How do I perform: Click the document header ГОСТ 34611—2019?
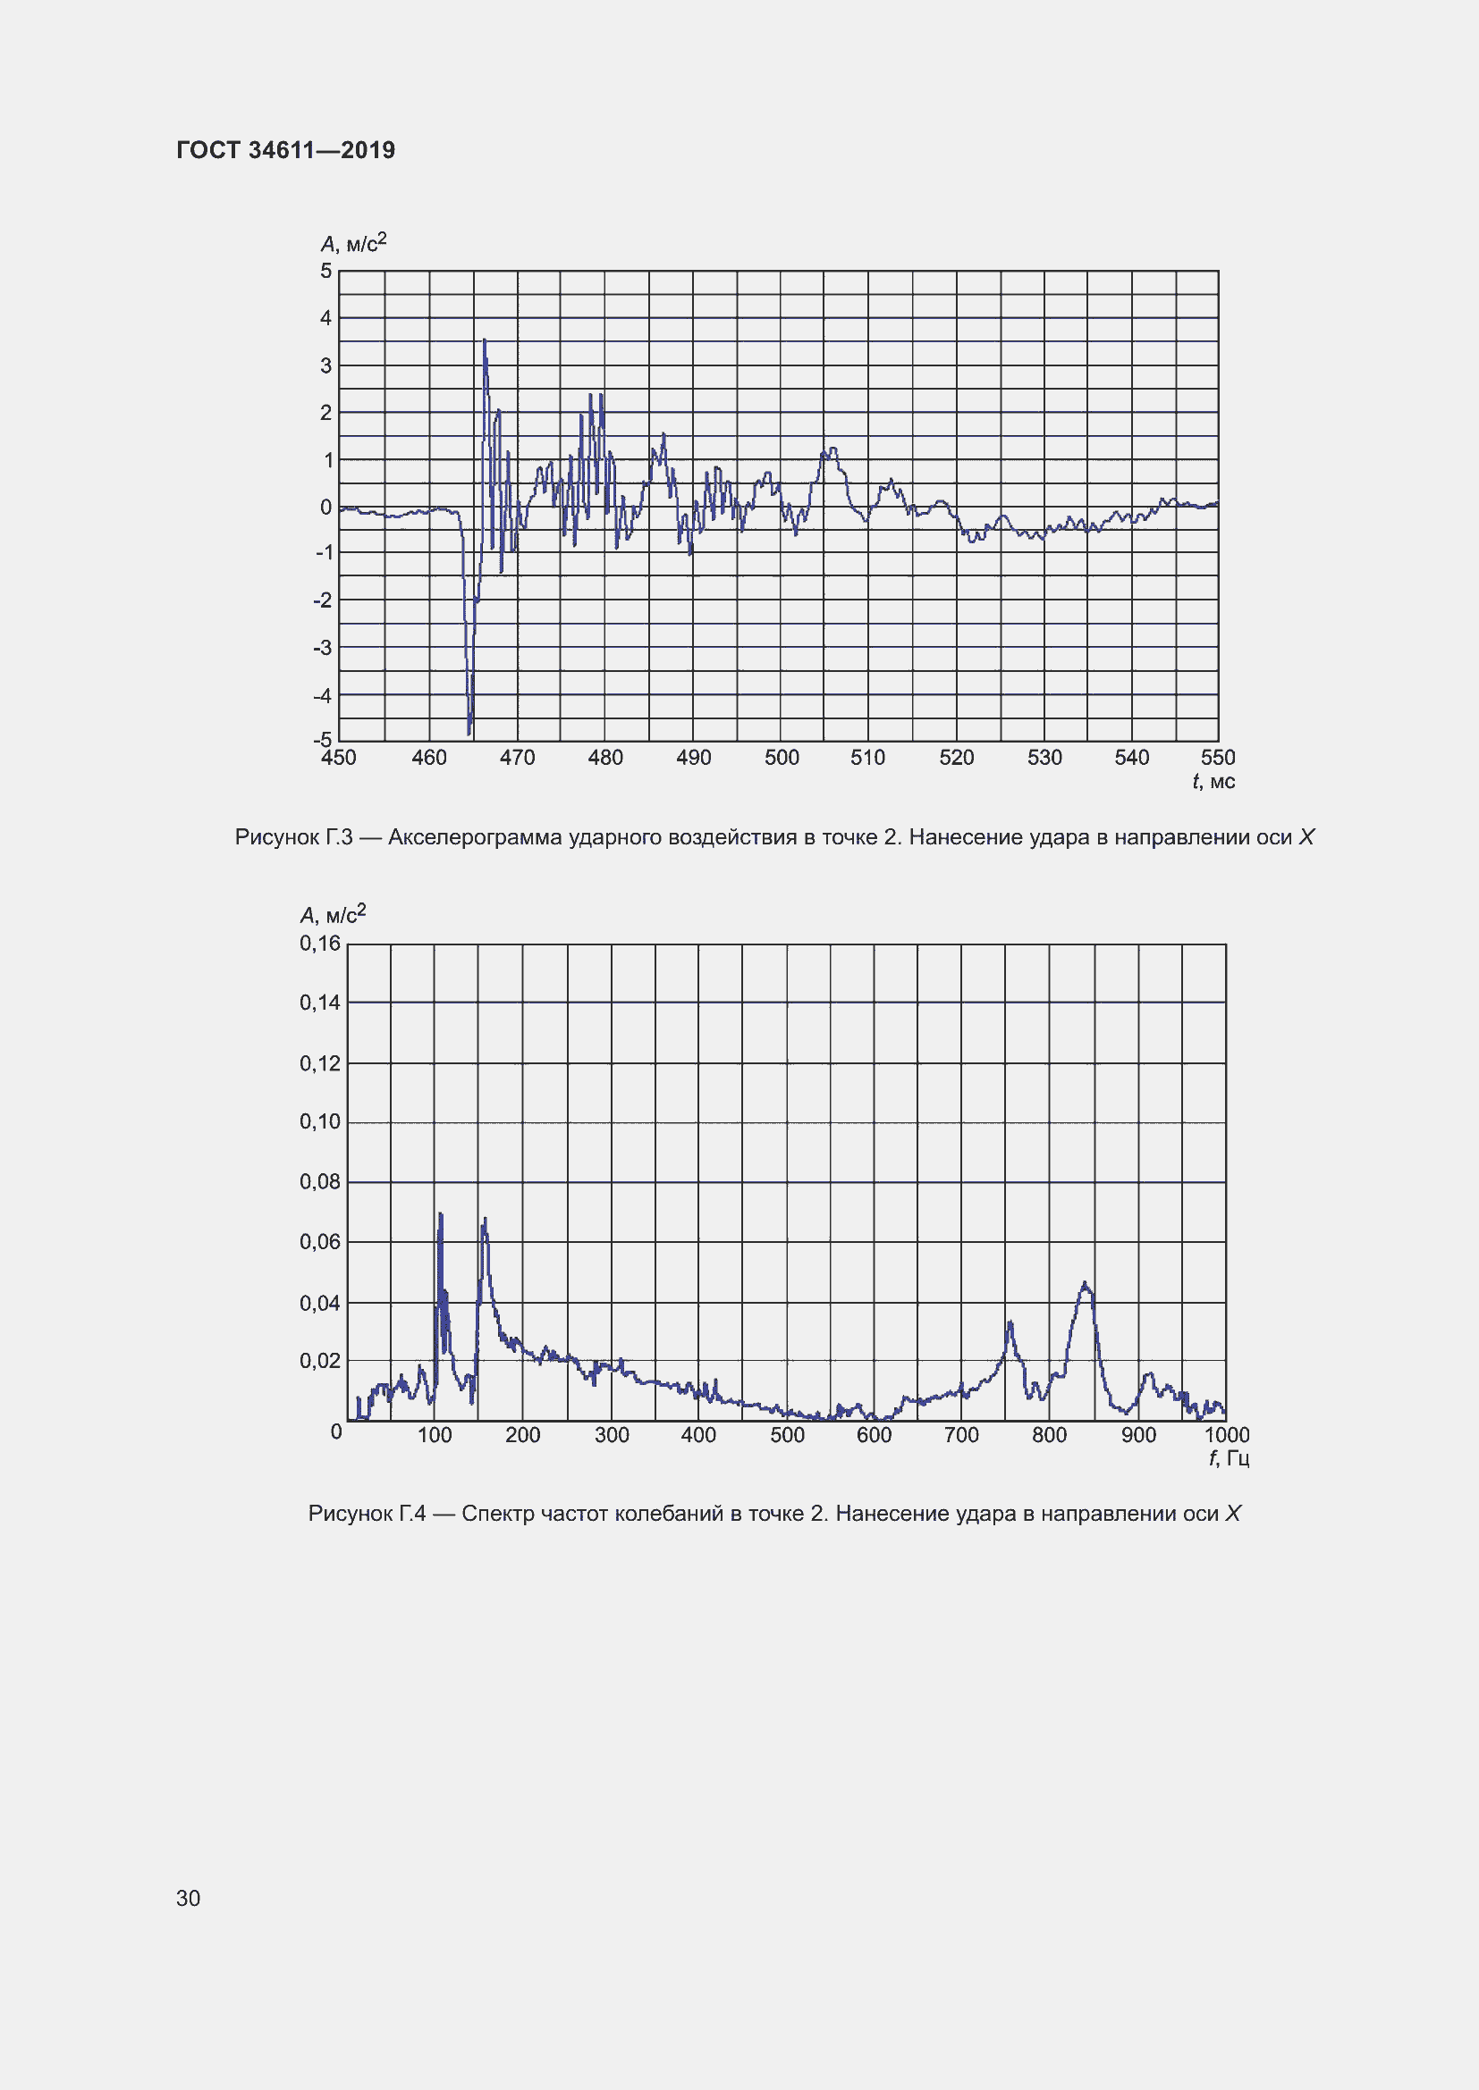[x=285, y=150]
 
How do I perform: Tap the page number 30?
[x=188, y=1898]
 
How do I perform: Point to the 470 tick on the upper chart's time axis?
[x=517, y=758]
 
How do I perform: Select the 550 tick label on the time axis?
[x=1218, y=758]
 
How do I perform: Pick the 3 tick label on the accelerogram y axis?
[x=326, y=366]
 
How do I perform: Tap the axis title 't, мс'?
[x=1213, y=782]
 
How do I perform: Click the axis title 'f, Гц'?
[x=1229, y=1459]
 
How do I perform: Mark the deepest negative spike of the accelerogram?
[x=469, y=732]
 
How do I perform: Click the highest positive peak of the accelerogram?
[x=485, y=341]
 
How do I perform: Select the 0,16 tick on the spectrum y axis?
[x=319, y=944]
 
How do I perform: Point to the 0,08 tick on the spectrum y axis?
[x=319, y=1182]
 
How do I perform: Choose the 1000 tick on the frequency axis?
[x=1227, y=1436]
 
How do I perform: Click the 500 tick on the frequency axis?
[x=787, y=1436]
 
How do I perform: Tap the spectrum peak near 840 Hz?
[x=1085, y=1284]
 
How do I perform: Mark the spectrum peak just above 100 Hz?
[x=441, y=1215]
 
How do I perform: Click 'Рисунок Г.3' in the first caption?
[x=293, y=837]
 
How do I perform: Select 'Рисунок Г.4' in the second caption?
[x=367, y=1514]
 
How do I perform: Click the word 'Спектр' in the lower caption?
[x=497, y=1514]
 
